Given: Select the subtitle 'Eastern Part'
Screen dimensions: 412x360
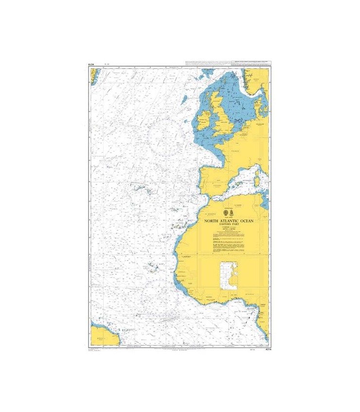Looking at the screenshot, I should [x=228, y=225].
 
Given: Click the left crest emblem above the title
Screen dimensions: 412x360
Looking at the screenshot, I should [x=225, y=213].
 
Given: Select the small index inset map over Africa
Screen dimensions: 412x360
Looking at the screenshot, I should [x=228, y=276].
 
